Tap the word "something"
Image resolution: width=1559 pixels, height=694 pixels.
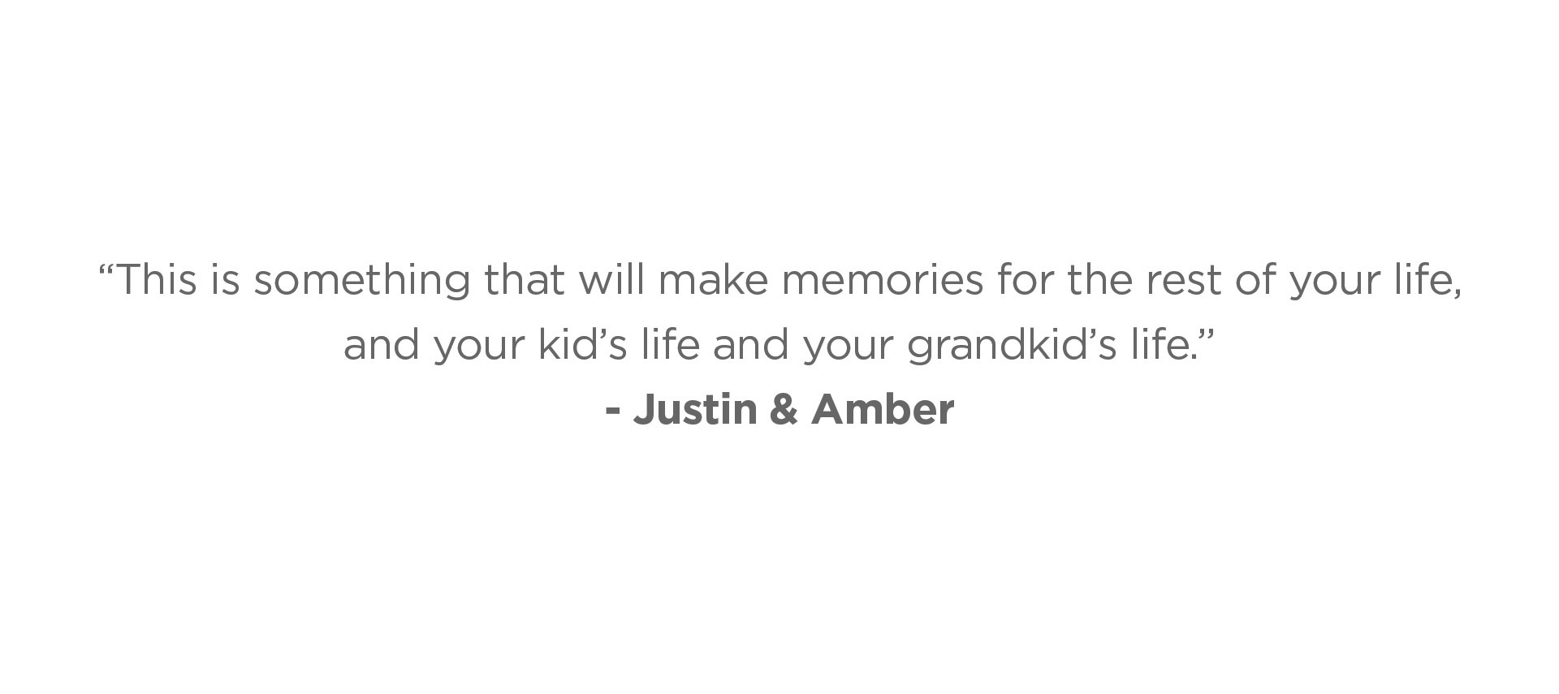pos(362,281)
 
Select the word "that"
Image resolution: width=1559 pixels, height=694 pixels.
pos(524,279)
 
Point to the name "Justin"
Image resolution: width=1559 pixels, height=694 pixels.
pos(695,408)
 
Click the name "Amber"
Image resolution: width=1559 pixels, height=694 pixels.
pos(883,408)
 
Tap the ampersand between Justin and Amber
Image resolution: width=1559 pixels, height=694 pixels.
pos(784,408)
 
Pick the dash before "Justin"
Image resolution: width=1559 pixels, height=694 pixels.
pos(613,412)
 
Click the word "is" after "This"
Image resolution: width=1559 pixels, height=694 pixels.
pos(225,279)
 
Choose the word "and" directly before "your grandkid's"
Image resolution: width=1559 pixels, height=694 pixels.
pos(750,343)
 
